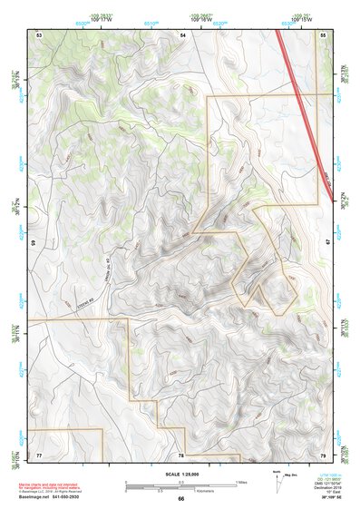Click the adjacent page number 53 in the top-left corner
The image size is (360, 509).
point(39,34)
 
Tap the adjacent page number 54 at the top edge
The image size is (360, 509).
point(182,34)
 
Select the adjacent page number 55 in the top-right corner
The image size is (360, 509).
point(324,34)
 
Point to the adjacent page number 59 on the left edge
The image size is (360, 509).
point(33,243)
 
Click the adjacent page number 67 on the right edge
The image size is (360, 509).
point(329,243)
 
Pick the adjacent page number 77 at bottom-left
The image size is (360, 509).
point(39,454)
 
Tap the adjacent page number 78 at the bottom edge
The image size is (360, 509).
point(181,455)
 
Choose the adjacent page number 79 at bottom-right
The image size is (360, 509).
point(324,454)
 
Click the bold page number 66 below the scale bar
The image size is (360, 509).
point(181,498)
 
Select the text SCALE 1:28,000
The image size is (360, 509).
point(181,473)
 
